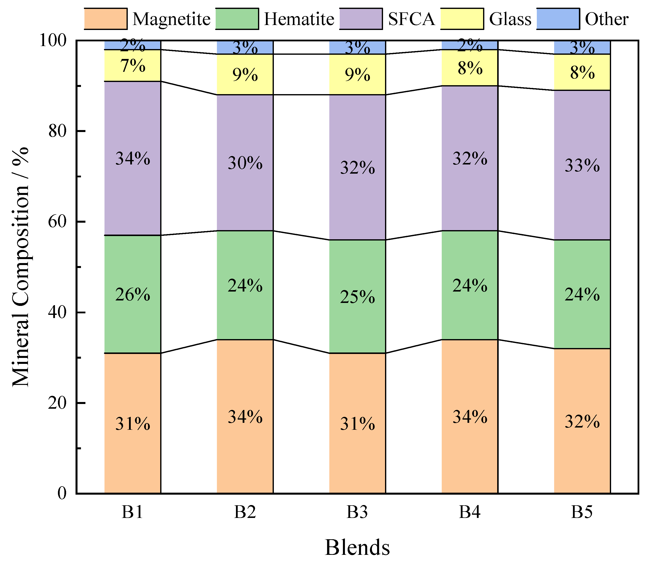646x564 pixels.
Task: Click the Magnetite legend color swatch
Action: pos(106,19)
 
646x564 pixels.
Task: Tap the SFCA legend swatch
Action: pos(361,19)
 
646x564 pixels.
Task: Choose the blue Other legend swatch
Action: pos(558,19)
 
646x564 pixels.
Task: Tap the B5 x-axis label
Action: pos(582,512)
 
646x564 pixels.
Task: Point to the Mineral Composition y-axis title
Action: pos(21,267)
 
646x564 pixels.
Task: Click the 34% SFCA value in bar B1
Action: pos(132,158)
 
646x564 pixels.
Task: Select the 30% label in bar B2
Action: pos(245,163)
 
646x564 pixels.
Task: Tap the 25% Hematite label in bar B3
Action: pos(358,297)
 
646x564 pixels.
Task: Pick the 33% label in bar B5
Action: pos(582,165)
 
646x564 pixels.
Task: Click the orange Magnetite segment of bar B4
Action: pos(470,416)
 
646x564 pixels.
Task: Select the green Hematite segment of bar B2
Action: pos(245,285)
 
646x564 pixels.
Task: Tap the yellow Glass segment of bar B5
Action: pos(582,72)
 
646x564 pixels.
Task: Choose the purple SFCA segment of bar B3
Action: pos(358,167)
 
